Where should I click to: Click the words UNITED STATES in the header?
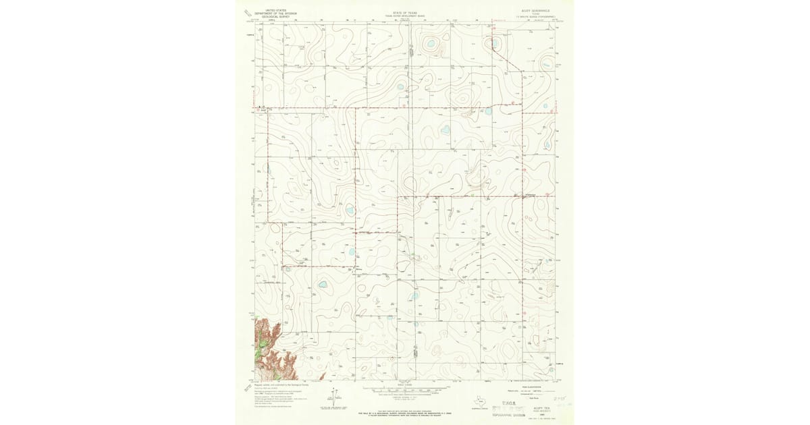click(x=276, y=10)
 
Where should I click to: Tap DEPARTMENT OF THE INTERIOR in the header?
click(x=276, y=13)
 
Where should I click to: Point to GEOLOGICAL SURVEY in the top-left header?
click(x=276, y=17)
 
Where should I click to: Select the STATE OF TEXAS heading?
click(x=406, y=12)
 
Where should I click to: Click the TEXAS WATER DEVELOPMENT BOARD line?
click(x=406, y=16)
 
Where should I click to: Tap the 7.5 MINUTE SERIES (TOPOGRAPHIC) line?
click(x=536, y=16)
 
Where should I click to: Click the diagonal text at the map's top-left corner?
click(x=248, y=11)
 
